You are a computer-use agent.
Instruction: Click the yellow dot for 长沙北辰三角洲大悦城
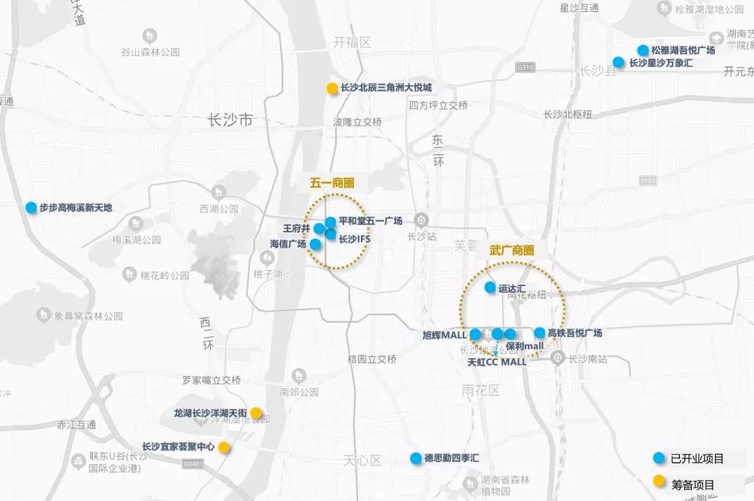[332, 89]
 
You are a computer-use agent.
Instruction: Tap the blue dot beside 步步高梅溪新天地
[31, 208]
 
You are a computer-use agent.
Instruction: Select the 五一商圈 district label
[332, 184]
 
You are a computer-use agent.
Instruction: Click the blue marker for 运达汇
[490, 287]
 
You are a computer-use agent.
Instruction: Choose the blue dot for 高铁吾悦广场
[540, 333]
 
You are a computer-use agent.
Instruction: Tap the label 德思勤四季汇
[452, 458]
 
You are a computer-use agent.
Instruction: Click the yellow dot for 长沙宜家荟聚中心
[224, 447]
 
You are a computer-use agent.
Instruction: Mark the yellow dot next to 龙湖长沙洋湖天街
[256, 413]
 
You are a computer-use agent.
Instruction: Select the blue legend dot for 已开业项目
[658, 458]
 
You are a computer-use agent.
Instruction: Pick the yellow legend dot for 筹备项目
[658, 481]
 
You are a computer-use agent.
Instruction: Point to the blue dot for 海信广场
[315, 244]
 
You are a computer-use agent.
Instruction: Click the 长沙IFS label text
[354, 239]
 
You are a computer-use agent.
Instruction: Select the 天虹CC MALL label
[496, 362]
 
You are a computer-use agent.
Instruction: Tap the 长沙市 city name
[230, 121]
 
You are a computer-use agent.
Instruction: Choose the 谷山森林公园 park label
[150, 52]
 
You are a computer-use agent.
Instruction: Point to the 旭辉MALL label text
[444, 334]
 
